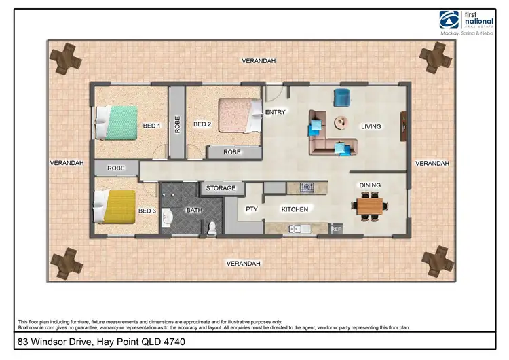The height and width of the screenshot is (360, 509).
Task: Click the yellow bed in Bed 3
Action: (115, 206)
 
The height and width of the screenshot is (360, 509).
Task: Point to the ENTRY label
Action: (275, 113)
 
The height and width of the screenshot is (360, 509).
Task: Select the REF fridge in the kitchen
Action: (336, 229)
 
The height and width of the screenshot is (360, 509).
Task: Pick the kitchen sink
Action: (299, 229)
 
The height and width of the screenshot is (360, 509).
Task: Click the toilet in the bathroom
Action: (212, 228)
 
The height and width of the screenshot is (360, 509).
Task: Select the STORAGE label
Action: (221, 188)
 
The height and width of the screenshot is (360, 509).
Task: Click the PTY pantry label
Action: (251, 210)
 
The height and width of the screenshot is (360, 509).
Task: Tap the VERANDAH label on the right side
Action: (432, 164)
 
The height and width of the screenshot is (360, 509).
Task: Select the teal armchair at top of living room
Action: (341, 96)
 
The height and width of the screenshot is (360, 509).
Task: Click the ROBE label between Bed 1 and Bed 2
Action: (177, 124)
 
